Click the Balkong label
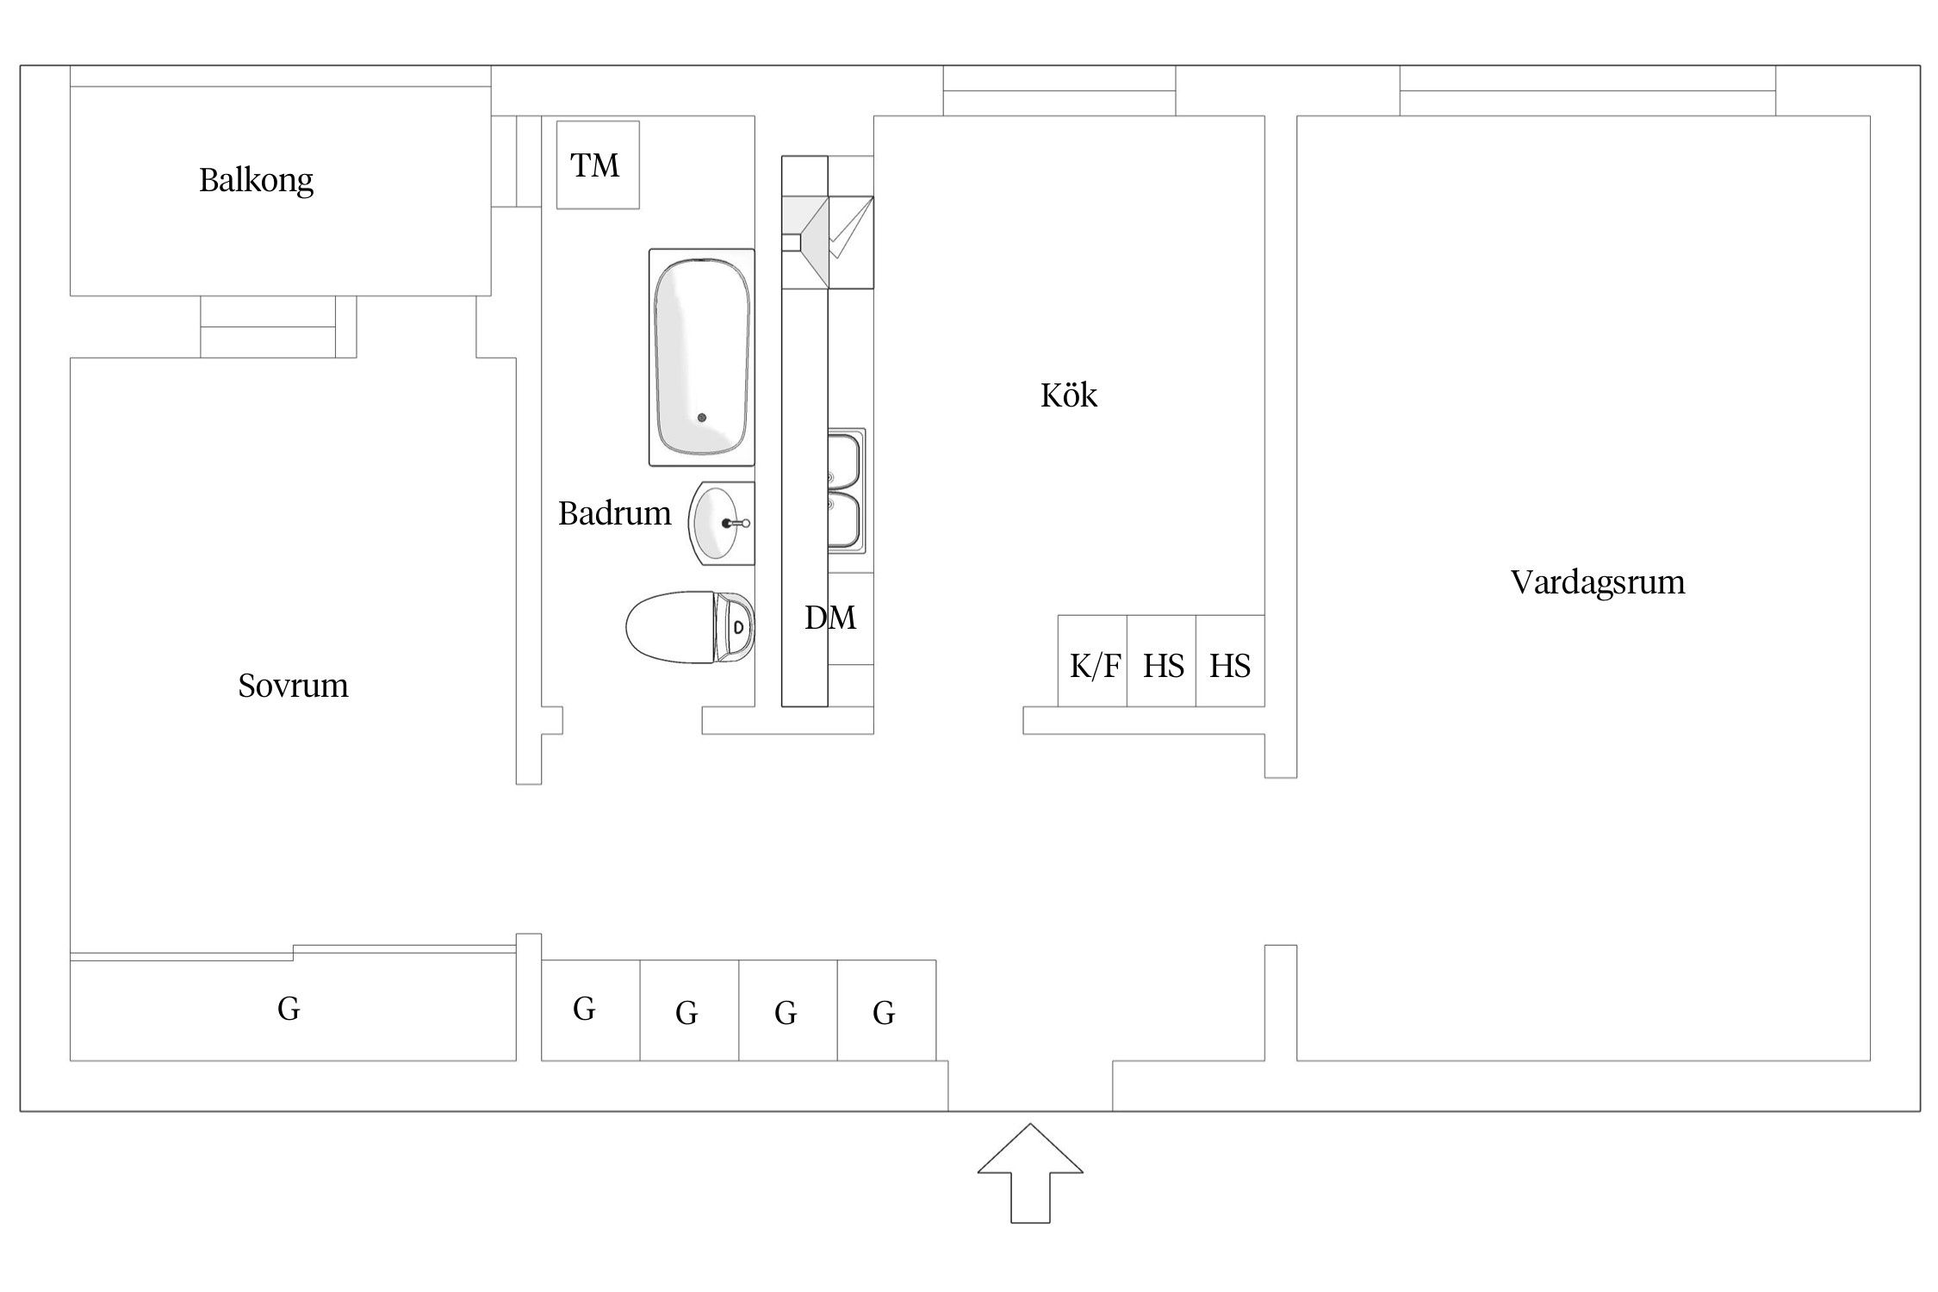[256, 180]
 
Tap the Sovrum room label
[293, 686]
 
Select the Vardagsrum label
[1598, 582]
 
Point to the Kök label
[1069, 395]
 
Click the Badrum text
[614, 513]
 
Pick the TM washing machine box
[597, 165]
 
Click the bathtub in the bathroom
[701, 357]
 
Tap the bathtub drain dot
[702, 418]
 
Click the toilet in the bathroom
[689, 627]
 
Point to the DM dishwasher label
[830, 618]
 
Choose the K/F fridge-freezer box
[1092, 662]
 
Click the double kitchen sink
[846, 491]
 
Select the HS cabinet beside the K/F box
[1161, 662]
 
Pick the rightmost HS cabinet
[1230, 662]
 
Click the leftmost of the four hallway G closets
[590, 1009]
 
